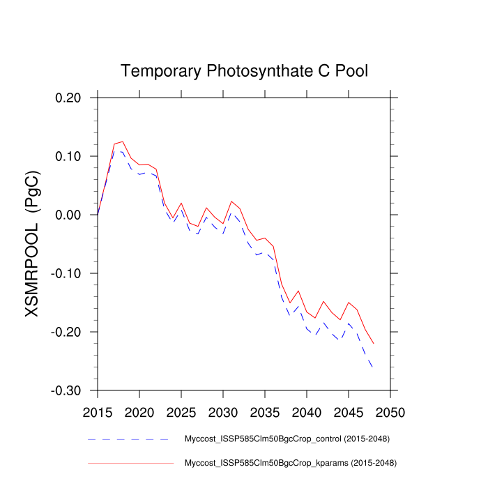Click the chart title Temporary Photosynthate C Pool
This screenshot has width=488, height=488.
point(244,70)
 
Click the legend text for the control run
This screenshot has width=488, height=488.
point(286,439)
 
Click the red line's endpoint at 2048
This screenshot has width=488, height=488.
point(374,344)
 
